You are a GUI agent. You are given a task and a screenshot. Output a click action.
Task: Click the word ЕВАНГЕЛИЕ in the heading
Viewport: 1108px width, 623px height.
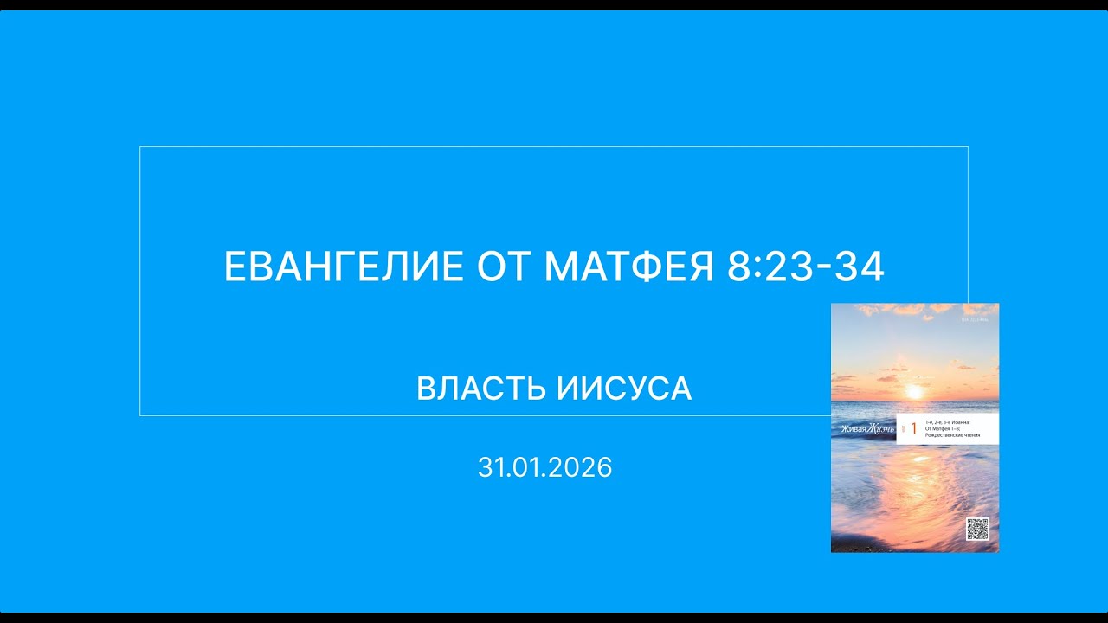pos(344,267)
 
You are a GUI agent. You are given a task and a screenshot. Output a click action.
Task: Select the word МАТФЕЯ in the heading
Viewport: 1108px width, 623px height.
pos(629,267)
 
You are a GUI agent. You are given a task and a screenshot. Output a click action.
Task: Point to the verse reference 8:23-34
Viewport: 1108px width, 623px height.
pos(806,267)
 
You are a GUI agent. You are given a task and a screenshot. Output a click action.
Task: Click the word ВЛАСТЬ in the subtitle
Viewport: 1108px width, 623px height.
pos(481,389)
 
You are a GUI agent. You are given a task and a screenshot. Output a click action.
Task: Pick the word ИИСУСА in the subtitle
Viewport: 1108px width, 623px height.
pos(624,389)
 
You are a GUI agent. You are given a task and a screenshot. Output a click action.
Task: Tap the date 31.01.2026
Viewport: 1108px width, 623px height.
pos(544,468)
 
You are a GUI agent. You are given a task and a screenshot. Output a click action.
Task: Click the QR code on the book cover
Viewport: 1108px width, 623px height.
pos(977,529)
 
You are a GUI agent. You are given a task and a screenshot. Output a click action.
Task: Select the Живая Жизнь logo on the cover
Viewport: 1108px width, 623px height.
pos(862,428)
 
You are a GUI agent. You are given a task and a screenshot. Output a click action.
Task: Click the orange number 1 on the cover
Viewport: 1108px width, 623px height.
pos(912,428)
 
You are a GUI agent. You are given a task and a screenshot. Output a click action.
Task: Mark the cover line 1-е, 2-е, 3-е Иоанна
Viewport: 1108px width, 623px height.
pos(946,422)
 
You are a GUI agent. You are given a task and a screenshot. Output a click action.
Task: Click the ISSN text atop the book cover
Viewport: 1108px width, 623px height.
pos(978,319)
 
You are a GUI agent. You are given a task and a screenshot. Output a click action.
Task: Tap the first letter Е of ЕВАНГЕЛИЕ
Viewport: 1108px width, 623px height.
pos(235,267)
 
